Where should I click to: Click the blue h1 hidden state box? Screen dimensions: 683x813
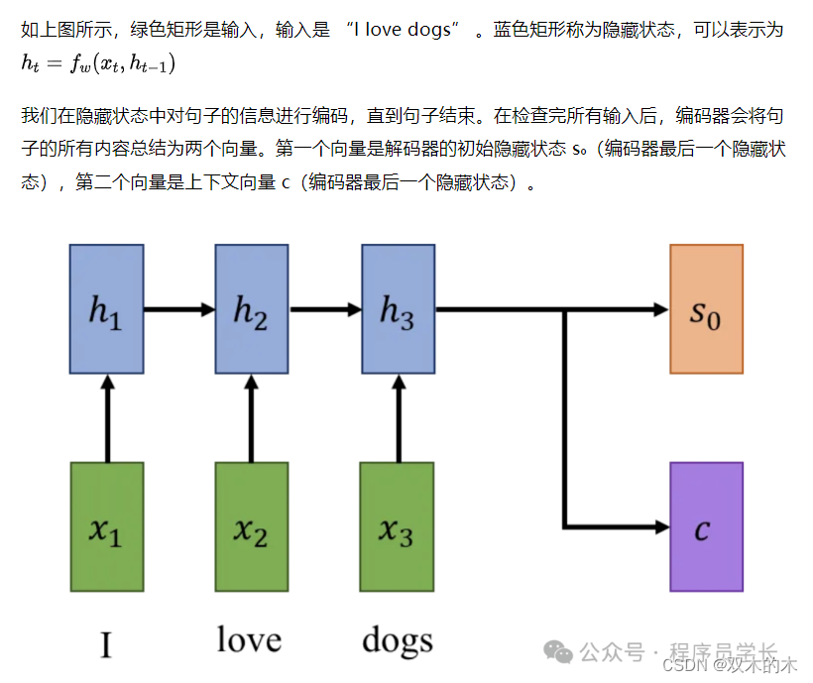coord(106,308)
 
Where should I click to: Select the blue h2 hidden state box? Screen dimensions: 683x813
coord(251,308)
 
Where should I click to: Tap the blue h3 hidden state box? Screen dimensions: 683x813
coord(397,308)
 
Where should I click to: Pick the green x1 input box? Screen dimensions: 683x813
coord(106,526)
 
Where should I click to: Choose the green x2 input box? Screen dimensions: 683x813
coord(251,526)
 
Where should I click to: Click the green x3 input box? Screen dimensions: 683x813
coord(397,526)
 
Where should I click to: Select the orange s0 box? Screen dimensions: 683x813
coord(705,308)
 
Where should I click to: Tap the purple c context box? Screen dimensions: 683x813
coord(705,526)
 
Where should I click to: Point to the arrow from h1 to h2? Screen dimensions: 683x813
coord(179,309)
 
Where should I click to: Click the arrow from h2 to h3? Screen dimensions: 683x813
coord(324,309)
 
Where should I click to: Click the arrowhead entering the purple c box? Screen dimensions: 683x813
coord(659,525)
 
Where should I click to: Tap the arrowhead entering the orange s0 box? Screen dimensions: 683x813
coord(659,309)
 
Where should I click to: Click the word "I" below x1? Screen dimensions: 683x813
coord(106,645)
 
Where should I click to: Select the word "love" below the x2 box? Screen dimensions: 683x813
coord(249,639)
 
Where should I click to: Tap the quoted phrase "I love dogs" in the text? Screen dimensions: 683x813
coord(404,30)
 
